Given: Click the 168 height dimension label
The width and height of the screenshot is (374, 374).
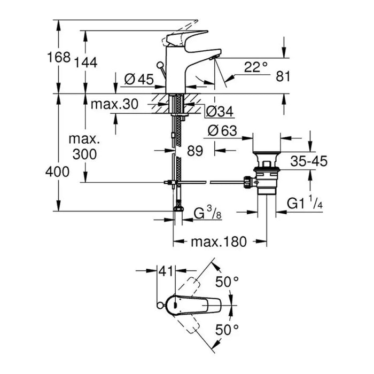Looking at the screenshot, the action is pyautogui.click(x=59, y=57).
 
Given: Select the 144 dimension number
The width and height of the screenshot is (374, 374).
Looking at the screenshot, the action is pyautogui.click(x=86, y=63).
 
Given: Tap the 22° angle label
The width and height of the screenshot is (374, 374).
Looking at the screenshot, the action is pyautogui.click(x=256, y=67).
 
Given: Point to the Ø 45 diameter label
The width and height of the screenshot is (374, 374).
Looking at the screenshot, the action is pyautogui.click(x=139, y=79).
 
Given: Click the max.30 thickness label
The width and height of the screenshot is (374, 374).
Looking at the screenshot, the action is pyautogui.click(x=114, y=104).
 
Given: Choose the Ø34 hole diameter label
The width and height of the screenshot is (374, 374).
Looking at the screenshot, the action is pyautogui.click(x=220, y=111).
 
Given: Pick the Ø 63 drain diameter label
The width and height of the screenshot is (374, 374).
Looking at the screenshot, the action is pyautogui.click(x=222, y=131).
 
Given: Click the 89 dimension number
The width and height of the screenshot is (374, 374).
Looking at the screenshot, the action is pyautogui.click(x=195, y=151).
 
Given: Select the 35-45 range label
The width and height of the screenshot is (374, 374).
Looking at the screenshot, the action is pyautogui.click(x=309, y=161).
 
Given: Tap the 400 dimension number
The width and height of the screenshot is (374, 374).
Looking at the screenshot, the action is pyautogui.click(x=58, y=172).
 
